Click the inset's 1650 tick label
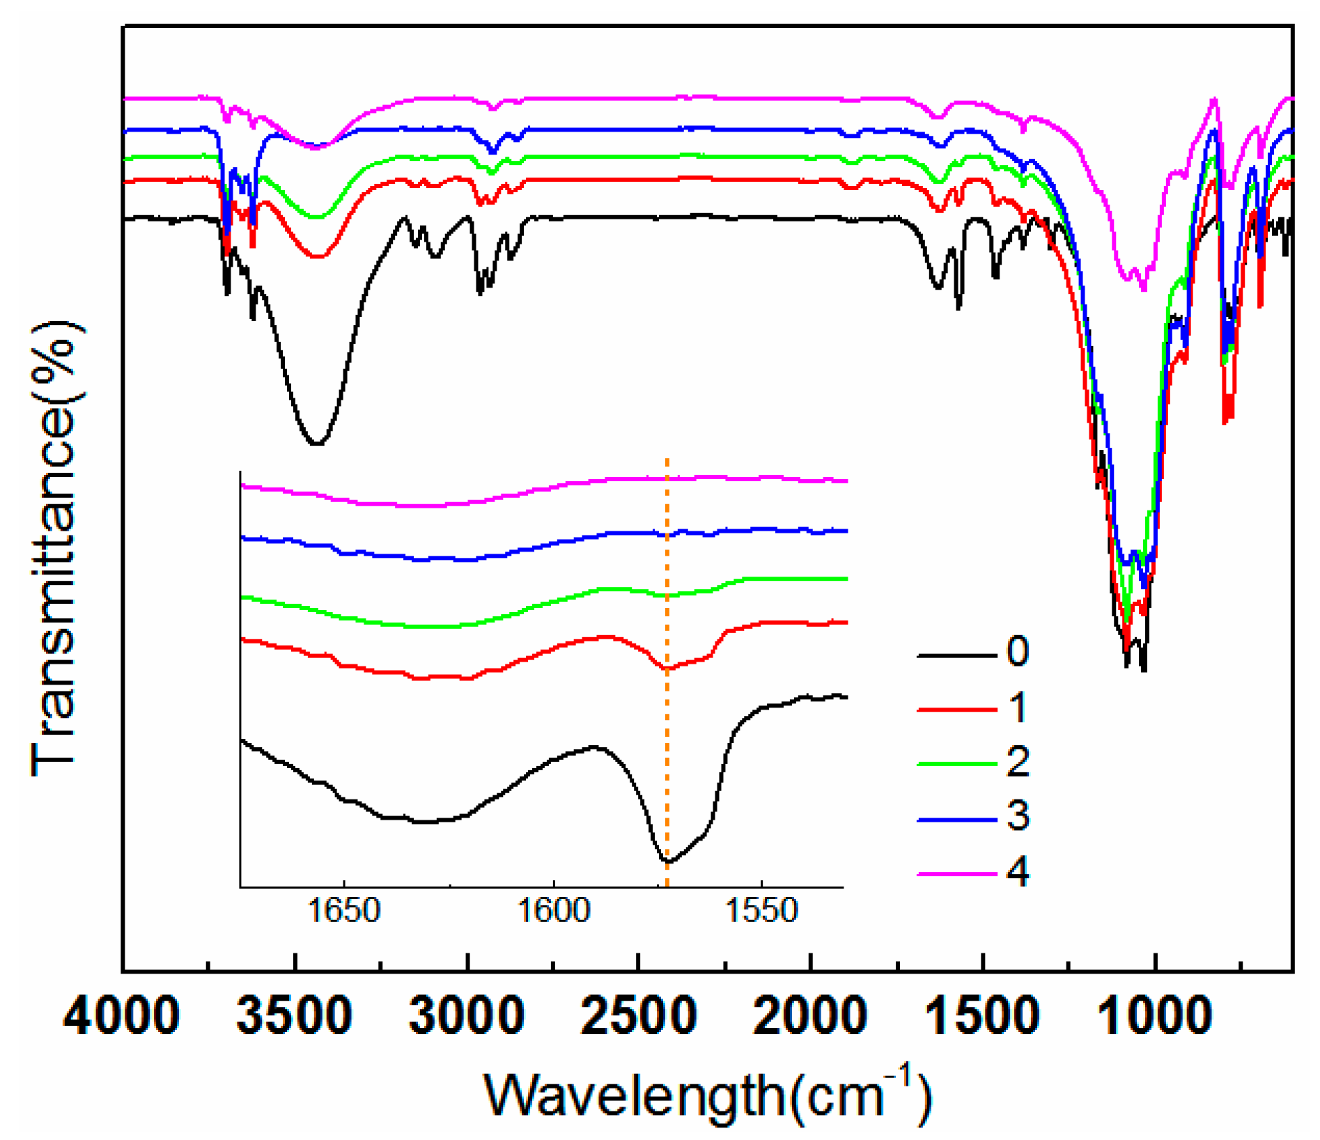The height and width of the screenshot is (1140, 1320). tap(344, 911)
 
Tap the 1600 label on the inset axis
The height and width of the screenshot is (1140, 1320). tap(554, 911)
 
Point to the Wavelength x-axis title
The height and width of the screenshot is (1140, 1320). tap(708, 1095)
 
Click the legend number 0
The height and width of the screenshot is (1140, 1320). tap(1018, 652)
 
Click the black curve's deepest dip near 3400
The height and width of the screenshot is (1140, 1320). tap(317, 443)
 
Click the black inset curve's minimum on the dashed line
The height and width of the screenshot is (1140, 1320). tap(668, 861)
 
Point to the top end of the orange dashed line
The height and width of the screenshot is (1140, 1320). tap(667, 460)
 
